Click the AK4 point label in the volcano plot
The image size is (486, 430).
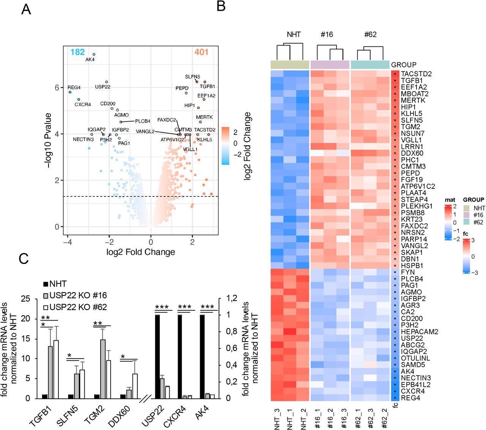coord(90,60)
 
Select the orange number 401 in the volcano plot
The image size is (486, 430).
coord(202,52)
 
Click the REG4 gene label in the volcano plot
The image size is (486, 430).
coord(74,88)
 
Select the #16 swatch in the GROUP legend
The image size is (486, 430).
coord(467,215)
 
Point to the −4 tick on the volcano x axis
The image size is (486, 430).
coord(67,242)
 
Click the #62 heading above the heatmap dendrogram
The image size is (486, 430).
coord(370,35)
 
